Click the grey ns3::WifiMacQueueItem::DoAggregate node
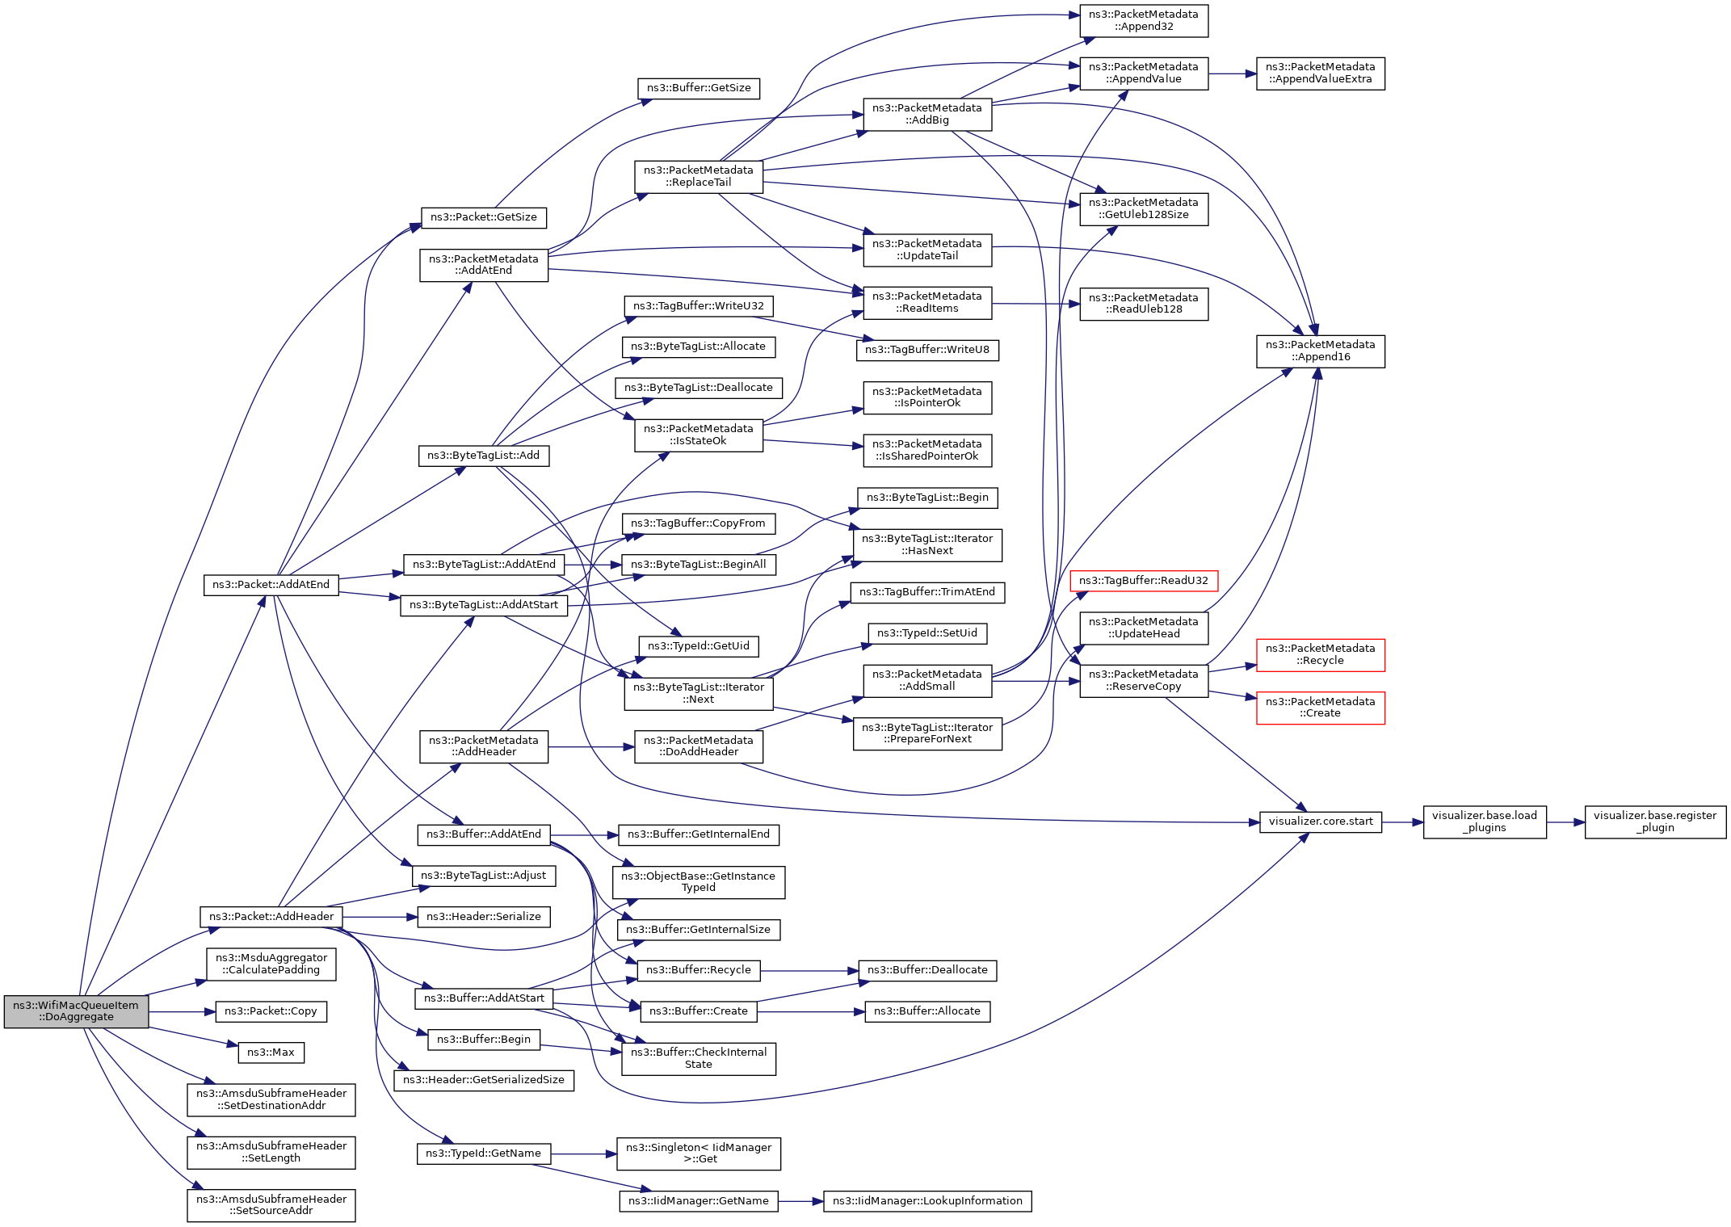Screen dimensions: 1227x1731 click(76, 1011)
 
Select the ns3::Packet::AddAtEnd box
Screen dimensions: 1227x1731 click(271, 585)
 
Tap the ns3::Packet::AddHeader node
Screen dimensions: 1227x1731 click(271, 917)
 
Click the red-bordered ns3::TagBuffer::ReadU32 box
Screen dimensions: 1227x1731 click(1143, 581)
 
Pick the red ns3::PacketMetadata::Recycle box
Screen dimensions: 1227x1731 click(1320, 655)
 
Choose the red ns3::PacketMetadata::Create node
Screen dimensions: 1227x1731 click(1320, 708)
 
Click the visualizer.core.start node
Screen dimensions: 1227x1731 click(1320, 822)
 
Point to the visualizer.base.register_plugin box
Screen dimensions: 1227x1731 click(1654, 822)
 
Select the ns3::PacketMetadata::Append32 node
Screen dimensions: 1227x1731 click(1143, 21)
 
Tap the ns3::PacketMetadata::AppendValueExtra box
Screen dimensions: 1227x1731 click(1320, 74)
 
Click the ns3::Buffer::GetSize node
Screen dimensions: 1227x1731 click(699, 88)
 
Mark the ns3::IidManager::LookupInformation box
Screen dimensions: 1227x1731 click(927, 1201)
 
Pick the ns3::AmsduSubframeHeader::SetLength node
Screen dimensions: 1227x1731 click(271, 1152)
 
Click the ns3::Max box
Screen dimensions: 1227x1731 click(271, 1053)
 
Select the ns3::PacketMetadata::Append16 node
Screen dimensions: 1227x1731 click(1320, 351)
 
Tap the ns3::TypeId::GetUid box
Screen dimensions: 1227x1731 click(699, 646)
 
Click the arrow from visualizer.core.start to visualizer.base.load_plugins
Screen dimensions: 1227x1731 click(1402, 822)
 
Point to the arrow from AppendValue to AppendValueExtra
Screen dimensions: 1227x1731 click(1233, 74)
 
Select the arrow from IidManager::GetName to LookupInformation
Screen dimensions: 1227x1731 click(801, 1201)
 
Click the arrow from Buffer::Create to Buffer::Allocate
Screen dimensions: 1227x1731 click(811, 1011)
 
